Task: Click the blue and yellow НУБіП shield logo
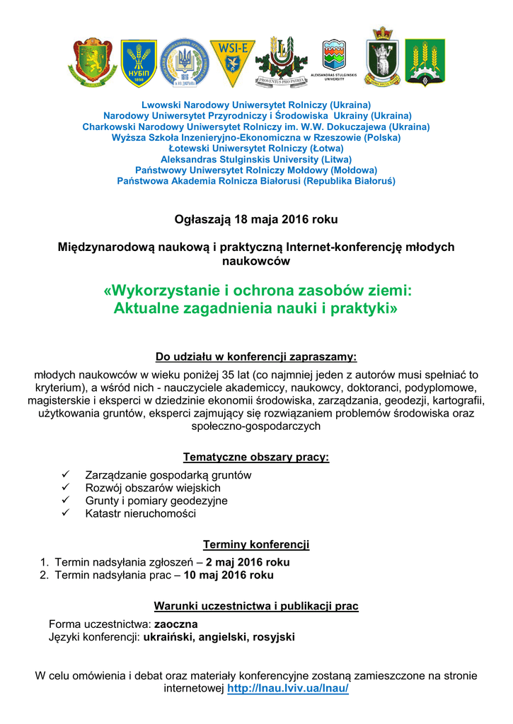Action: (x=139, y=63)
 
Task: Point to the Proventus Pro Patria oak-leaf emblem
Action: (x=281, y=62)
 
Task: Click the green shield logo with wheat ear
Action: (x=425, y=63)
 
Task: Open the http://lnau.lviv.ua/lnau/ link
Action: (x=288, y=688)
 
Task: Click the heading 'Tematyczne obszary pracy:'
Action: (x=256, y=457)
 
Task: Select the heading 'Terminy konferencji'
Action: (x=256, y=544)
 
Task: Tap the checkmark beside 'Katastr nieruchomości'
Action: (x=66, y=513)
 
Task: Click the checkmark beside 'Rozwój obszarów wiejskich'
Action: (x=66, y=488)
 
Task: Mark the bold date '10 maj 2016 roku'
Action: (x=229, y=575)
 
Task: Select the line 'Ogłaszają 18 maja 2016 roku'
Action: (x=256, y=219)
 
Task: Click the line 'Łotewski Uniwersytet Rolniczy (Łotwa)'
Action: (x=256, y=148)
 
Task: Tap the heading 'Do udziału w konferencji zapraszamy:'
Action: (x=256, y=356)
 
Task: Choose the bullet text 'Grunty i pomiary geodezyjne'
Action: (x=156, y=501)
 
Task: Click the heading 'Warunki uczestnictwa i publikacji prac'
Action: (x=256, y=607)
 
